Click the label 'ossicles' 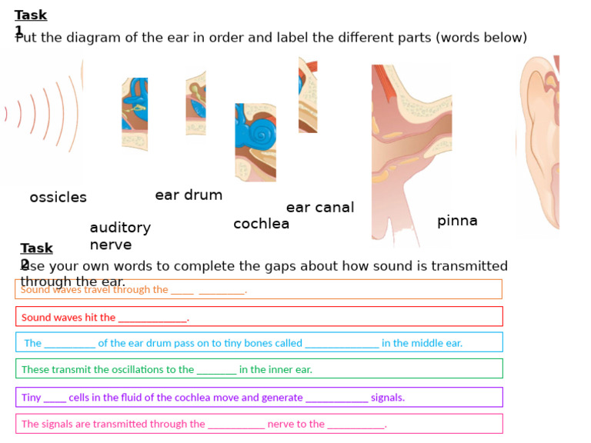point(58,198)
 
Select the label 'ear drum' point(189,195)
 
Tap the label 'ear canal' point(320,208)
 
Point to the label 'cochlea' point(262,224)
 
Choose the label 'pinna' point(457,221)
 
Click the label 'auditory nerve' point(119,236)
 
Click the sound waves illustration point(42,115)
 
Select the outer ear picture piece point(538,142)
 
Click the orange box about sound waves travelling point(259,289)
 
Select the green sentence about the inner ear point(167,369)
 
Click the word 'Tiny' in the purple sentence point(32,398)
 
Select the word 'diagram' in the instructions point(91,38)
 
